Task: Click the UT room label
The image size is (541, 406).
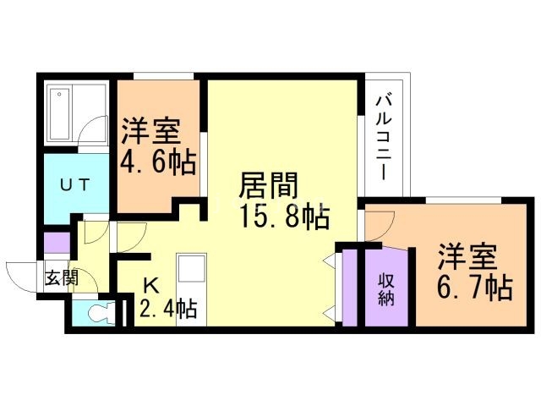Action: (75, 185)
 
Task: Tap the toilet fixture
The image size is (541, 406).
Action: (101, 313)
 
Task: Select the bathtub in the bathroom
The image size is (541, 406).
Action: (60, 114)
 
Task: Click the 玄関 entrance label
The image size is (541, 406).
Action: (62, 277)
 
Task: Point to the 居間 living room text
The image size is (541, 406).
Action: (268, 185)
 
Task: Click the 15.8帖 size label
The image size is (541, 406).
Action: (284, 217)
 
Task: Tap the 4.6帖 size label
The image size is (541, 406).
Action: (158, 162)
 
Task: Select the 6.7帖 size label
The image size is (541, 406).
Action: (474, 288)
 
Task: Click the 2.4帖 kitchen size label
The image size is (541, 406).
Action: (168, 308)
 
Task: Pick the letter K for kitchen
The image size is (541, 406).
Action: (150, 285)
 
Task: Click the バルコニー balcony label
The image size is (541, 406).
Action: (383, 137)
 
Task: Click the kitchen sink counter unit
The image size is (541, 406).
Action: (192, 289)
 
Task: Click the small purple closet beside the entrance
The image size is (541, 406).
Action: (57, 243)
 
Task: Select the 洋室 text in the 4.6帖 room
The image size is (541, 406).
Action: (150, 131)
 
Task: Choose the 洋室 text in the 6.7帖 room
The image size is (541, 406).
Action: (467, 257)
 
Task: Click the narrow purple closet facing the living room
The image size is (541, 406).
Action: (350, 287)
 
